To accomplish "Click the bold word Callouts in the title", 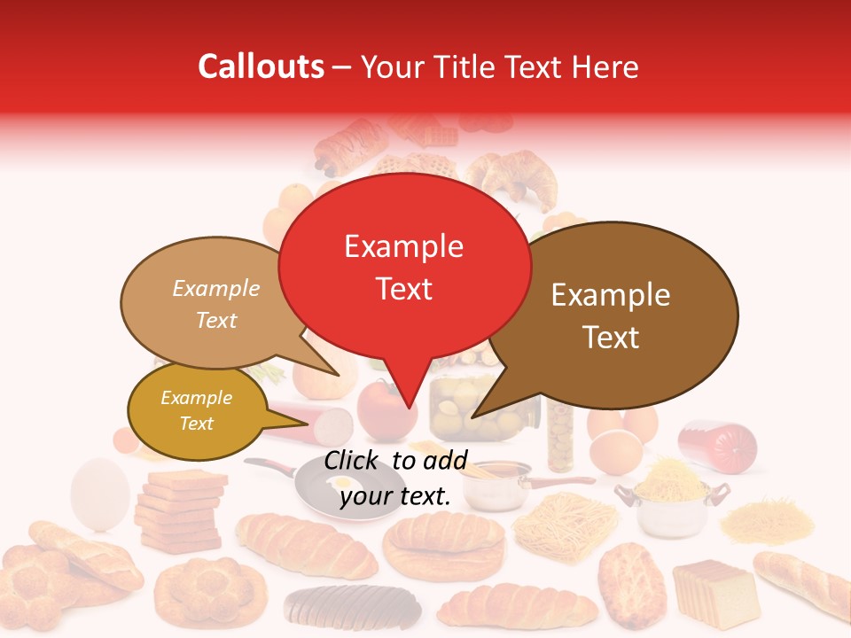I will point(261,66).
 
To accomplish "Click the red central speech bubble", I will point(404,266).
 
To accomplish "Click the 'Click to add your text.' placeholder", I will point(395,478).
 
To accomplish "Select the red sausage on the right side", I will point(718,444).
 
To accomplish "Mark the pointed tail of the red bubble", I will point(408,399).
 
